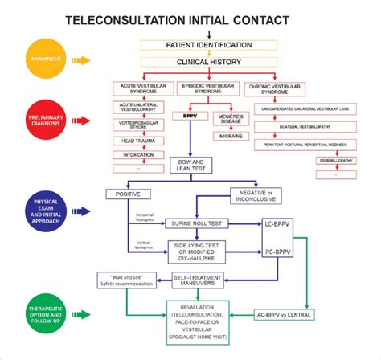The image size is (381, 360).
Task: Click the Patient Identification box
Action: (x=207, y=44)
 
